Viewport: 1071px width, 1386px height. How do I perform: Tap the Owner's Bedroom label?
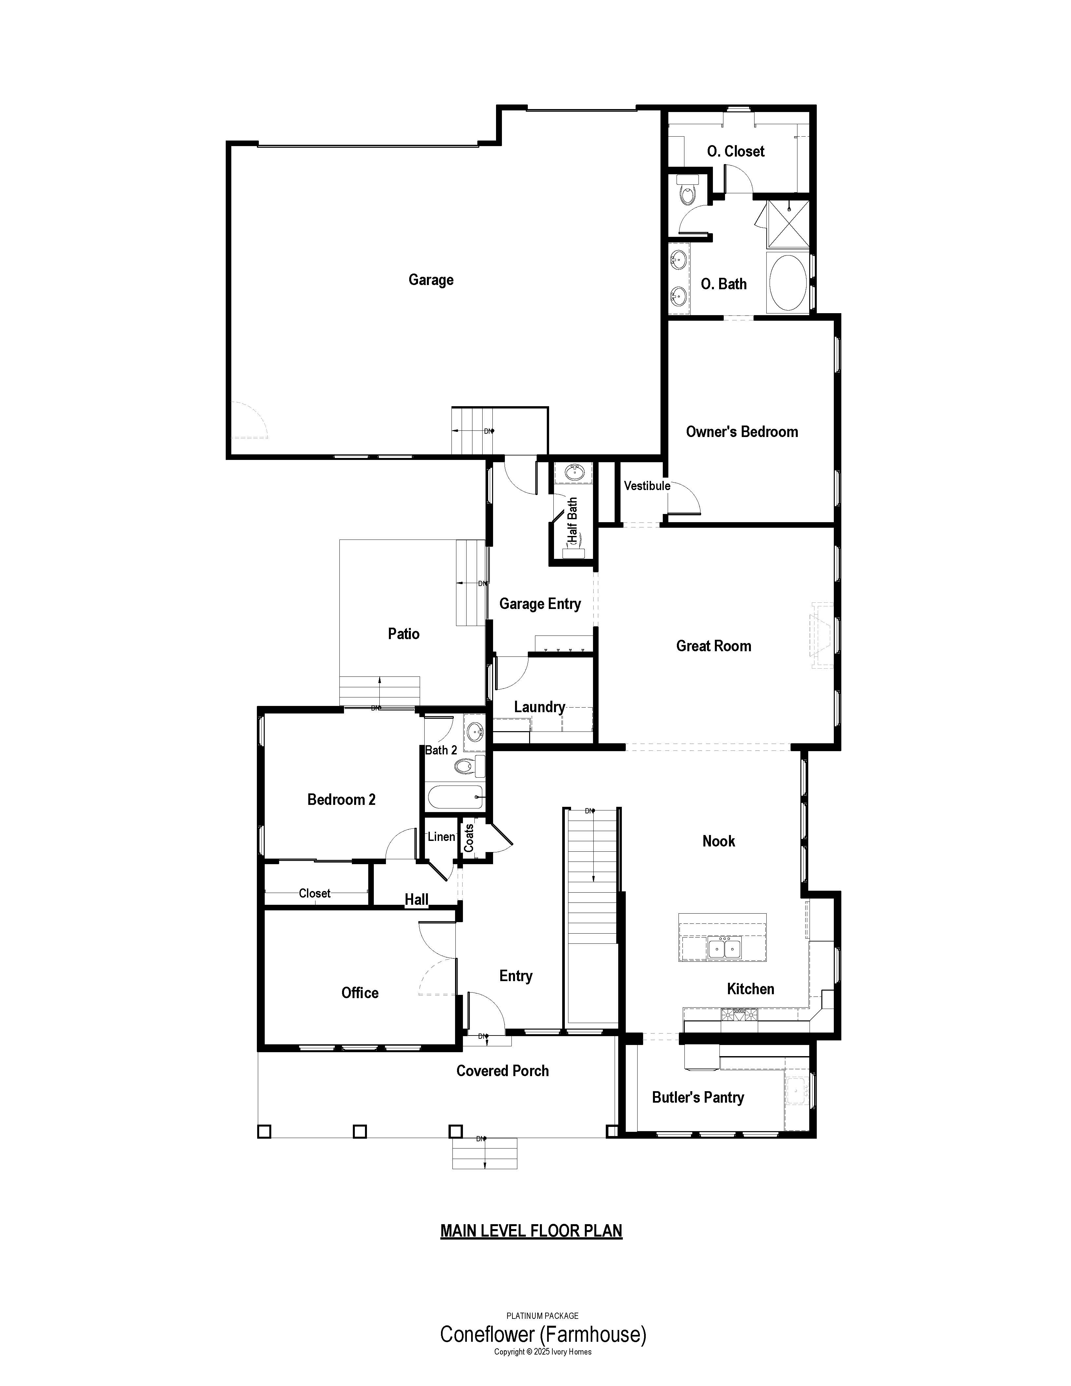(741, 431)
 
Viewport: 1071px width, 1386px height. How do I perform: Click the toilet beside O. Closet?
(688, 189)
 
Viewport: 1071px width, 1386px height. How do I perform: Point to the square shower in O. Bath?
(789, 223)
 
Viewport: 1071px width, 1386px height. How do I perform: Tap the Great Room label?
(714, 646)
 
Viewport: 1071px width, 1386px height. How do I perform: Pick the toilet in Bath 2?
(470, 767)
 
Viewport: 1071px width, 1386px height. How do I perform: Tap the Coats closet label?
(469, 838)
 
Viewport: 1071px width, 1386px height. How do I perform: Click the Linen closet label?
(441, 836)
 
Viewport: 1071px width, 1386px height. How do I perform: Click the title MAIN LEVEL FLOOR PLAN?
(531, 1230)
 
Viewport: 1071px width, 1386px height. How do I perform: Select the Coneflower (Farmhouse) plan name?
(543, 1334)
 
